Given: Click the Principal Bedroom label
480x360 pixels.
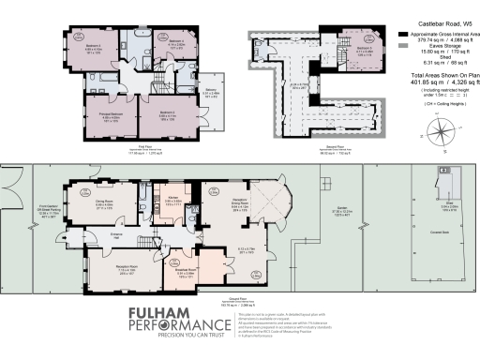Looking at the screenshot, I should (x=98, y=117).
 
